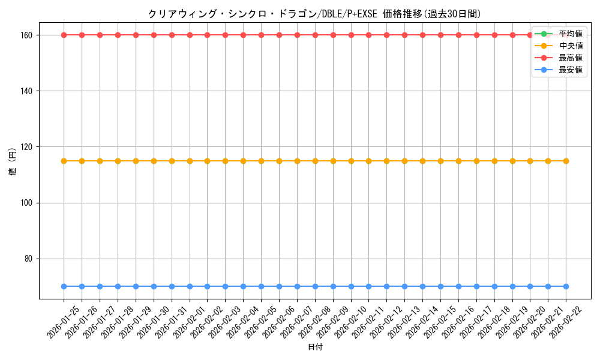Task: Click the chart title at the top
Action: click(314, 14)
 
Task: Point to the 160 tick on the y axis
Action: click(27, 35)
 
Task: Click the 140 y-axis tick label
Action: click(27, 91)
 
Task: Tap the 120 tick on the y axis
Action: click(27, 147)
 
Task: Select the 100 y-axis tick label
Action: click(27, 203)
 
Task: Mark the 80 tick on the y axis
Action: click(29, 259)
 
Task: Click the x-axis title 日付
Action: click(315, 347)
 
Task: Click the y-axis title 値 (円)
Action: click(13, 162)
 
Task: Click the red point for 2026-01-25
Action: click(64, 35)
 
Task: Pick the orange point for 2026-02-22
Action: click(566, 161)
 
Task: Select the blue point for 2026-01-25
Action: click(64, 286)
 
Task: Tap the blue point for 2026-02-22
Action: click(566, 286)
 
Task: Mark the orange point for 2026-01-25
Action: click(64, 161)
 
